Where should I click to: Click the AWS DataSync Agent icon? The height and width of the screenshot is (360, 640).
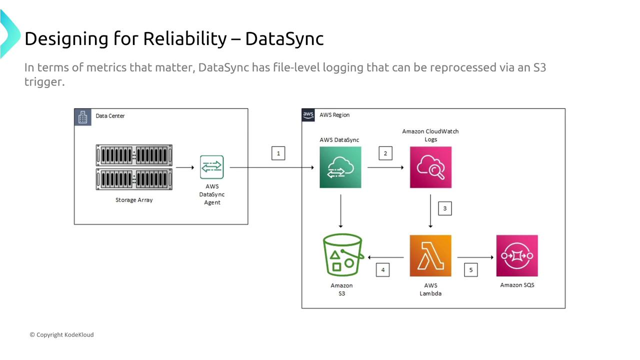tap(212, 167)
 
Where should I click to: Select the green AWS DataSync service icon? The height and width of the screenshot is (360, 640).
tap(340, 167)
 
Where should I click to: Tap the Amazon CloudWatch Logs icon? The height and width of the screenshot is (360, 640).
tap(430, 167)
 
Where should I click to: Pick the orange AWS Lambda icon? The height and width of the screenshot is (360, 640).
tap(430, 255)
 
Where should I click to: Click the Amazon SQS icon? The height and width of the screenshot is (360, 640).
tap(517, 255)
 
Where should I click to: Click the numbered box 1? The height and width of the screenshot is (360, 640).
tap(278, 153)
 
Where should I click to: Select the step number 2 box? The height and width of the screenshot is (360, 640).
tap(385, 153)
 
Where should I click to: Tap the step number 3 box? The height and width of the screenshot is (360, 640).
tap(444, 208)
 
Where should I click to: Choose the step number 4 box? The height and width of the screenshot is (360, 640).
tap(382, 270)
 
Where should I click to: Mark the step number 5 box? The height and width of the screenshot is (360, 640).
tap(470, 270)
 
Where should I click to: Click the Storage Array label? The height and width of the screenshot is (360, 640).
tap(134, 200)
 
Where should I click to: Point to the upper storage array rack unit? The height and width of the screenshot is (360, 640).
tap(134, 155)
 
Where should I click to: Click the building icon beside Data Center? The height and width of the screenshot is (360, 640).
tap(83, 116)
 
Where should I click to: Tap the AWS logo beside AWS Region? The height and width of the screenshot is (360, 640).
tap(308, 115)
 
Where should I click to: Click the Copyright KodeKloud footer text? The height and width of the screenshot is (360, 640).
tap(61, 334)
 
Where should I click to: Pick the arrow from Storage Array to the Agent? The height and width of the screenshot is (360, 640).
tap(185, 167)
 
